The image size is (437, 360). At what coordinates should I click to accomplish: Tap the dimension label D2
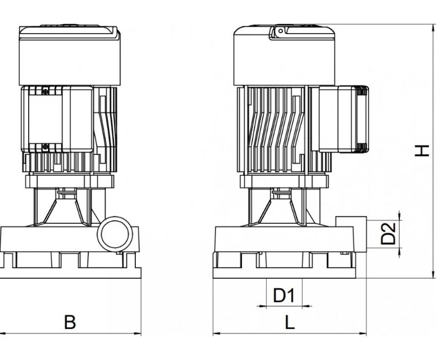tap(388, 233)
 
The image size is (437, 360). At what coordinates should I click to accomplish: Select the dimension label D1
tap(284, 295)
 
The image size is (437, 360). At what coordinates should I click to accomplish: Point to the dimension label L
tap(290, 322)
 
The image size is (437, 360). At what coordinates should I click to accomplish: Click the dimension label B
tap(70, 322)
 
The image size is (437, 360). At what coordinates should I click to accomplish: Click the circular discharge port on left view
tap(114, 234)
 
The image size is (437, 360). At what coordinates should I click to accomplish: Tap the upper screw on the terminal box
tap(45, 91)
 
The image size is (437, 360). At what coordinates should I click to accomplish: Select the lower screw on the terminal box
tap(45, 147)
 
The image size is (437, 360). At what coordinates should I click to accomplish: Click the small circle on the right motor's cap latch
tap(281, 31)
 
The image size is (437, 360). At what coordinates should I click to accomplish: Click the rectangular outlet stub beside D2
tap(351, 234)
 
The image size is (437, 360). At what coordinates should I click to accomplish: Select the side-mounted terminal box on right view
tap(344, 119)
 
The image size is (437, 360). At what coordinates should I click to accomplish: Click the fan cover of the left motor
tap(70, 55)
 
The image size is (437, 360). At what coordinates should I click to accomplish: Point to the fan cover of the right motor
tap(284, 55)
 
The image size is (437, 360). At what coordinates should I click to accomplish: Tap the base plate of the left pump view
tap(70, 273)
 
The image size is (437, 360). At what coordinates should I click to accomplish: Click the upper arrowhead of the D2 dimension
tap(400, 216)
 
